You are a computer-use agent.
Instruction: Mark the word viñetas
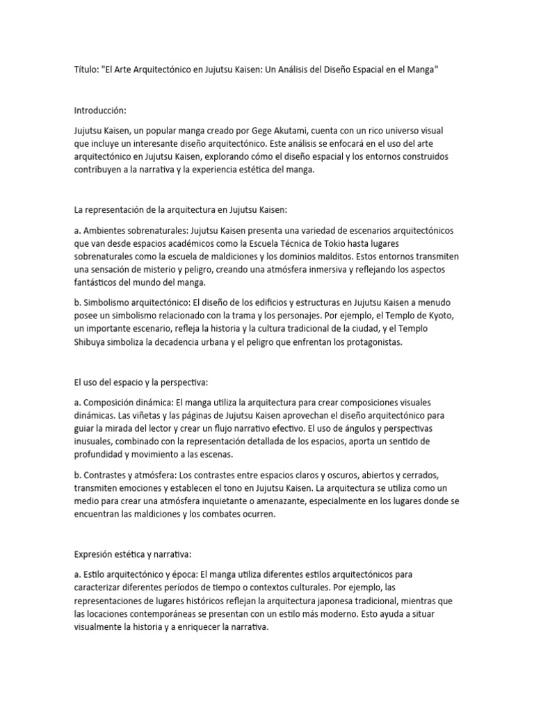click(x=145, y=415)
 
